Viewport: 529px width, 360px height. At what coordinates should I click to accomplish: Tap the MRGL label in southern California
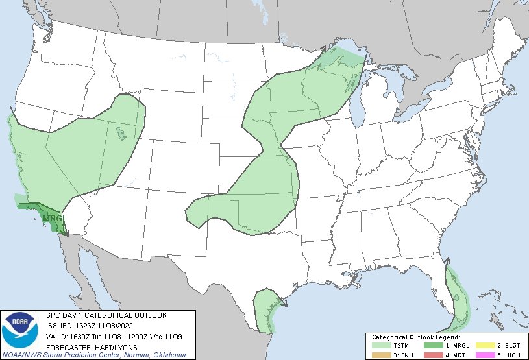(x=51, y=219)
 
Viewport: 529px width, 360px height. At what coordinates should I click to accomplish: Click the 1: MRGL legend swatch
(x=432, y=346)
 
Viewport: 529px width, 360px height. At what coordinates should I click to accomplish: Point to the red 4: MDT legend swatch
(x=432, y=354)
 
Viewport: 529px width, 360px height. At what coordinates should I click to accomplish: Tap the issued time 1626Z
(x=86, y=326)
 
